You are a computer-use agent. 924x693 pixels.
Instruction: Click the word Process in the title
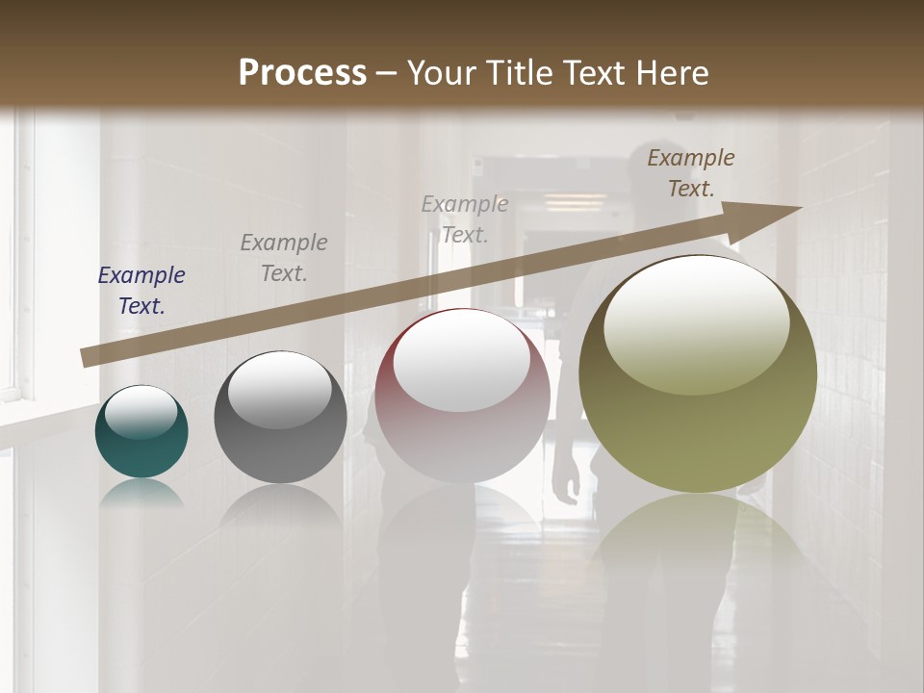tap(302, 72)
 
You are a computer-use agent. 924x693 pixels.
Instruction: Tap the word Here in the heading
tap(672, 72)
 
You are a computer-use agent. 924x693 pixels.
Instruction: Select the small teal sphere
tap(141, 432)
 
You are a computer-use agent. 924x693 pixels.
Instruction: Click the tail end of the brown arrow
tap(85, 358)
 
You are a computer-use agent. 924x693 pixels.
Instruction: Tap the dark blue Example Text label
tap(141, 291)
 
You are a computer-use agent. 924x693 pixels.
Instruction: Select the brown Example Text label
tap(691, 173)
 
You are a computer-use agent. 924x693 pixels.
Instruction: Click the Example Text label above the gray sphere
tap(284, 258)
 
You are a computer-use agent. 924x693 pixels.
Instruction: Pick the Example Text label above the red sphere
tap(465, 218)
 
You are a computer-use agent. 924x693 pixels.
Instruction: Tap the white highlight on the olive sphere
tap(696, 322)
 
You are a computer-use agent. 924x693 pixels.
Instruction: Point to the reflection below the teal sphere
tap(141, 494)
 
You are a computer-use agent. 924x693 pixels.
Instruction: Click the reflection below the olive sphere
tap(697, 539)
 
